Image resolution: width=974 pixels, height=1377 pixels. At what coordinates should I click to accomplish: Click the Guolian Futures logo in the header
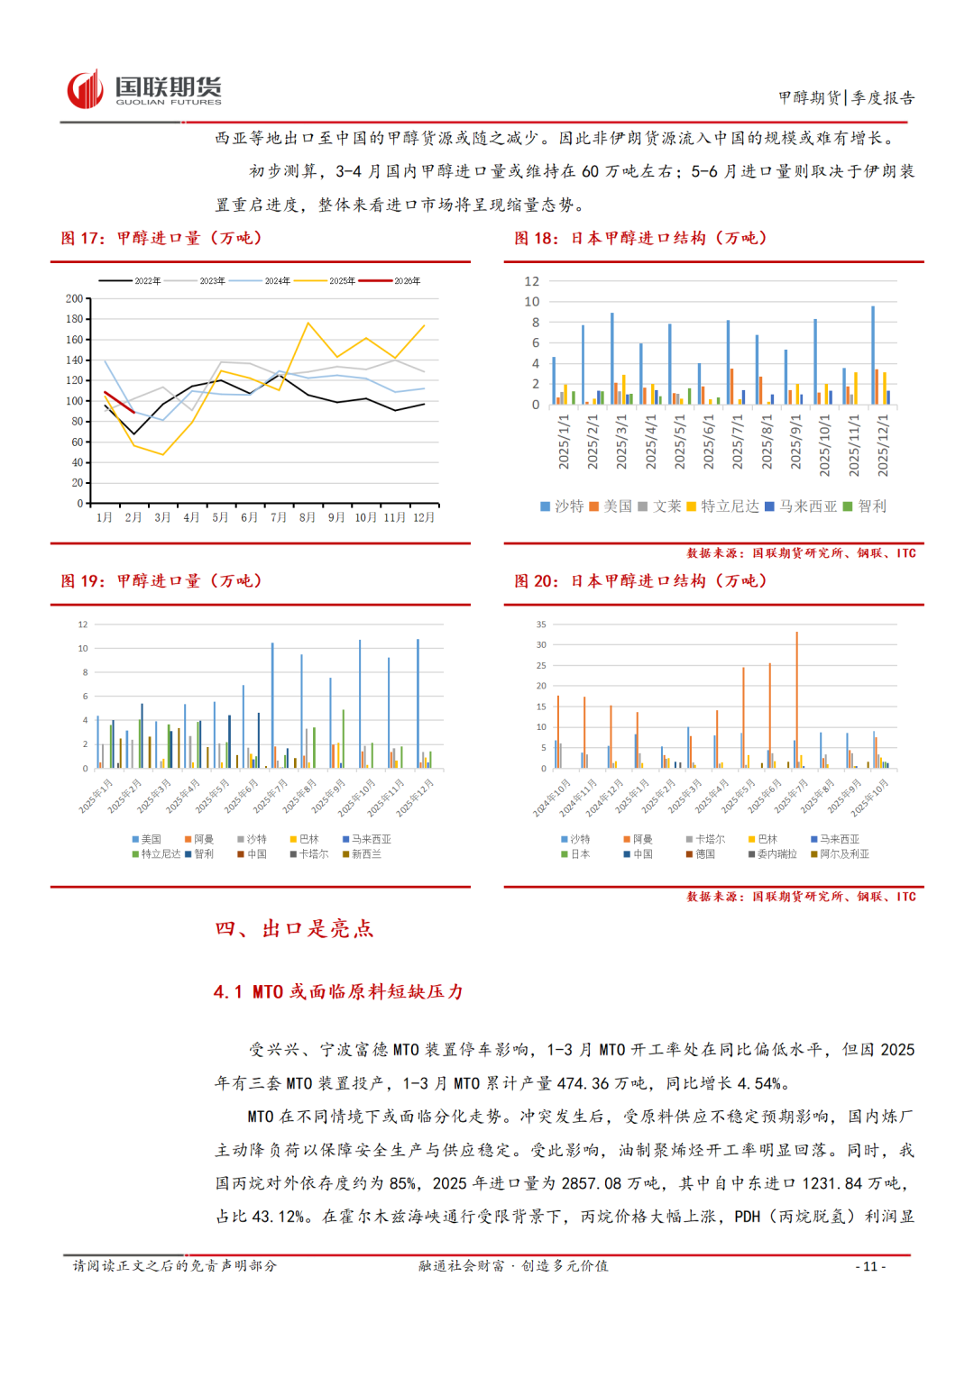[x=144, y=89]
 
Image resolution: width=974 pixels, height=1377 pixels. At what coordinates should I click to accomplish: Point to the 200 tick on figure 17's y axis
[x=74, y=298]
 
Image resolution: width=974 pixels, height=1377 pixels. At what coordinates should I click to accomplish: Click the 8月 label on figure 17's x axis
[x=308, y=517]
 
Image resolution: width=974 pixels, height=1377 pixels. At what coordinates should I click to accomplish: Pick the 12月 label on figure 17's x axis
[x=424, y=517]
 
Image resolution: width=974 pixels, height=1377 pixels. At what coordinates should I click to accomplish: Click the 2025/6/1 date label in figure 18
[x=708, y=442]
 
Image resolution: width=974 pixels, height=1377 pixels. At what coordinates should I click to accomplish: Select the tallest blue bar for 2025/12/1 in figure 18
[x=873, y=355]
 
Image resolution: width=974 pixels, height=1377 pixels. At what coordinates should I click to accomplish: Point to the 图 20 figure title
[x=640, y=581]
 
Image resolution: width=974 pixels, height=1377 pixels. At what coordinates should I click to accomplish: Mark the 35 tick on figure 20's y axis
[x=541, y=625]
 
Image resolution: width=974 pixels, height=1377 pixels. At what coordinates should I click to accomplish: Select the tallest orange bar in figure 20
[x=796, y=699]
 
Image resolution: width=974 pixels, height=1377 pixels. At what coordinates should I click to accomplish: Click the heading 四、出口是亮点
[x=294, y=929]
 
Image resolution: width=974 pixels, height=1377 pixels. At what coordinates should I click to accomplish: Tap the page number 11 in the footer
[x=870, y=1266]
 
